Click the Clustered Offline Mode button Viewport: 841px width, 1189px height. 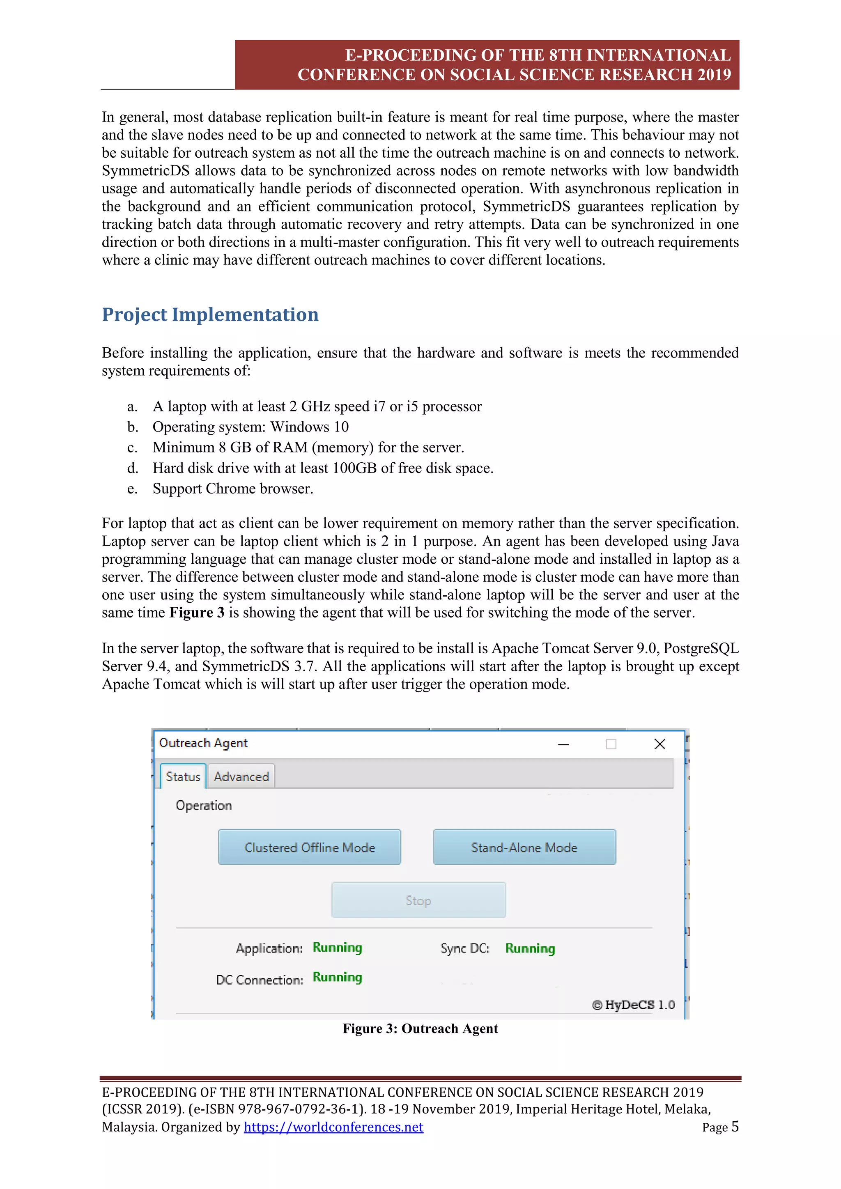coord(309,847)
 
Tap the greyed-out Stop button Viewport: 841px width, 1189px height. coord(418,900)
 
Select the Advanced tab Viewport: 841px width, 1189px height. coord(241,777)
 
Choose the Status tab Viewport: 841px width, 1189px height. coord(183,777)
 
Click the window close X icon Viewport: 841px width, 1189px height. coord(659,744)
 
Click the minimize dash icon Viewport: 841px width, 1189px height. coord(563,745)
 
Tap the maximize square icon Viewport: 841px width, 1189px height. coord(611,744)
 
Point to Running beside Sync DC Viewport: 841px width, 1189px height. coord(530,948)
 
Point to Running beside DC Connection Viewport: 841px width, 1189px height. coord(337,977)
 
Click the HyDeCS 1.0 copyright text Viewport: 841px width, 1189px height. coord(633,1005)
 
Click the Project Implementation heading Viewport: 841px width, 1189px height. coord(210,314)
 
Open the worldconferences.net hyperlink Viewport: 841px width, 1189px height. coord(333,1127)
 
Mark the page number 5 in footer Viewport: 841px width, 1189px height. coord(734,1126)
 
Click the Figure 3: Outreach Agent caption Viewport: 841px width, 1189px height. coord(420,1028)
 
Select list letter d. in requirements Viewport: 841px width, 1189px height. coord(133,468)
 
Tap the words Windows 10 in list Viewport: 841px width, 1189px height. coord(310,427)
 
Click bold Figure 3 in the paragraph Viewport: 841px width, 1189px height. coord(197,613)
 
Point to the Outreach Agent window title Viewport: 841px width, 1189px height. coord(203,743)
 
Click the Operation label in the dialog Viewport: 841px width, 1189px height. coord(204,805)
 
